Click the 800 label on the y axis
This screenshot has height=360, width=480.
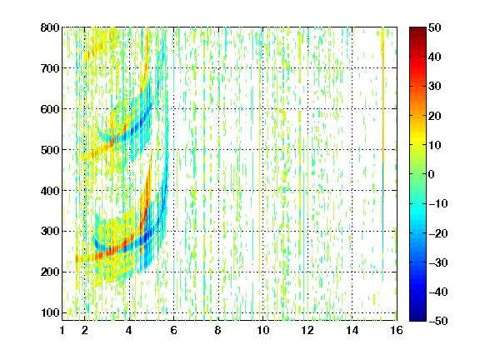[x=50, y=27]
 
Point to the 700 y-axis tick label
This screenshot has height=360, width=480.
[x=50, y=68]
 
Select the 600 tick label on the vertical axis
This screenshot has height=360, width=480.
[x=50, y=109]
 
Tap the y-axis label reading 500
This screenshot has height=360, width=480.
[x=50, y=150]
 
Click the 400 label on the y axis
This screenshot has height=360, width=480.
[x=50, y=191]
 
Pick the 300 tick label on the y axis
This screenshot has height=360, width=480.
[x=50, y=232]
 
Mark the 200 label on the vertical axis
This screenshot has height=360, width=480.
[x=50, y=272]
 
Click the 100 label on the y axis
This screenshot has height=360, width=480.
[x=50, y=312]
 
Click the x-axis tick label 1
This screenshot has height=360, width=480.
[x=62, y=330]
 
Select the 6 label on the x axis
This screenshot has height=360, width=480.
[x=174, y=330]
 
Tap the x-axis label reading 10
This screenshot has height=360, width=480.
[x=263, y=330]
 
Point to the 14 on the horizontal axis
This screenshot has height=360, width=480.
[x=352, y=330]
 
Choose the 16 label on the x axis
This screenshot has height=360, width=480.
[x=397, y=330]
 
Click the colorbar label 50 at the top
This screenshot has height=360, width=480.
[x=435, y=27]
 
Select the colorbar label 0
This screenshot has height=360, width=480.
[x=432, y=174]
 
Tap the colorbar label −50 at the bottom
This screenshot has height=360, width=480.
[x=438, y=321]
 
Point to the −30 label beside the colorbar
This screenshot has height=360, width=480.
[x=438, y=262]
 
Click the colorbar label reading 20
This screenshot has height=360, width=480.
[x=435, y=116]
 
